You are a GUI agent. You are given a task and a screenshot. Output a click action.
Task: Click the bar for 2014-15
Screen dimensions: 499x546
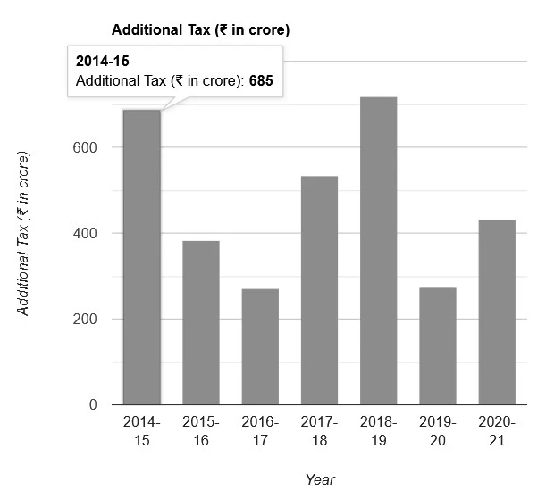pyautogui.click(x=141, y=259)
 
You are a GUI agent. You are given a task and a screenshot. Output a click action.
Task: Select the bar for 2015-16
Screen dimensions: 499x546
pyautogui.click(x=200, y=323)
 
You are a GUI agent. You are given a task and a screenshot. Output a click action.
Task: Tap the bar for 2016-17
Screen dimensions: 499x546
pyautogui.click(x=260, y=347)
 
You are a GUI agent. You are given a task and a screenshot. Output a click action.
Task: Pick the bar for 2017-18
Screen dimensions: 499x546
pyautogui.click(x=319, y=291)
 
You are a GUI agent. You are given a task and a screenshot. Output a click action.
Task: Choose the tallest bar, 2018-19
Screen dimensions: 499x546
pyautogui.click(x=378, y=251)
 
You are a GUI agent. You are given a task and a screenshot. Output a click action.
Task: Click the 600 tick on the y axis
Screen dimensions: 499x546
pyautogui.click(x=85, y=147)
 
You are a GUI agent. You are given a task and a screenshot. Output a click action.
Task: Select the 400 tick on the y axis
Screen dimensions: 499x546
pyautogui.click(x=85, y=234)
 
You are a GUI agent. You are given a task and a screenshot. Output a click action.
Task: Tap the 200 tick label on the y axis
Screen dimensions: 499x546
pyautogui.click(x=85, y=320)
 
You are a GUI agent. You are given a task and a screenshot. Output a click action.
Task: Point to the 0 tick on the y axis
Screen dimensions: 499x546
pyautogui.click(x=92, y=405)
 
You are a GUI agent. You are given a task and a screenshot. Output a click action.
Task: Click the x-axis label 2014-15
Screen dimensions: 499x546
pyautogui.click(x=141, y=430)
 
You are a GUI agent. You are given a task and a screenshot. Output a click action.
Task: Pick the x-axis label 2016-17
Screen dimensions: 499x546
pyautogui.click(x=260, y=430)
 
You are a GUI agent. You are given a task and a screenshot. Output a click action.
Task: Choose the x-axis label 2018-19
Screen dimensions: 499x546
pyautogui.click(x=378, y=430)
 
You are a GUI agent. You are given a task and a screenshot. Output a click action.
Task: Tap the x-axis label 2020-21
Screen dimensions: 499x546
pyautogui.click(x=497, y=430)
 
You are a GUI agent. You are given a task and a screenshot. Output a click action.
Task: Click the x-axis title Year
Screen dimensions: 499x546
pyautogui.click(x=319, y=480)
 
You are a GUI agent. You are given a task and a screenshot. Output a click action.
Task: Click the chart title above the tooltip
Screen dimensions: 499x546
pyautogui.click(x=200, y=29)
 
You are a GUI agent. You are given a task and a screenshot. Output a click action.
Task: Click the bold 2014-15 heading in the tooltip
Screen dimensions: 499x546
pyautogui.click(x=104, y=63)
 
